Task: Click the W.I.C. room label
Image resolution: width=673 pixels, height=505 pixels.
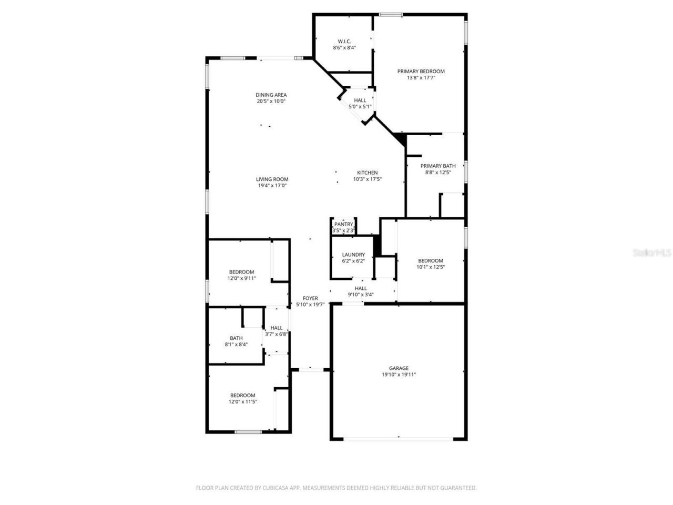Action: point(344,41)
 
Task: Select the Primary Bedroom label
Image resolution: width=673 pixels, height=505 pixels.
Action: point(421,71)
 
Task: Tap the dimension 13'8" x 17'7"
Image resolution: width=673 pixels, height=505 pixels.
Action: point(421,78)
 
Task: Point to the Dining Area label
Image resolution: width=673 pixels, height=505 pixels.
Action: point(271,95)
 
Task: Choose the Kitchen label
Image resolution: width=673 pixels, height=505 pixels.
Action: point(367,173)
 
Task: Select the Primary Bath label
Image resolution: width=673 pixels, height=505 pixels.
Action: point(438,166)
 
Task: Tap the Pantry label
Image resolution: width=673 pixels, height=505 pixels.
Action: point(343,224)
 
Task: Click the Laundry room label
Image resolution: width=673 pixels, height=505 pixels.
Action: point(353,255)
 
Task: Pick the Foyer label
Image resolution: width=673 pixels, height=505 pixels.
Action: point(310,298)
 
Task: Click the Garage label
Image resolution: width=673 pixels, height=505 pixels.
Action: point(399,368)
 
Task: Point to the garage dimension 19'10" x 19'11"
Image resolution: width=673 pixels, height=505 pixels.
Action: point(399,375)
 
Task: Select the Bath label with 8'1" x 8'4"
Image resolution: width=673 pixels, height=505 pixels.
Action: point(236,338)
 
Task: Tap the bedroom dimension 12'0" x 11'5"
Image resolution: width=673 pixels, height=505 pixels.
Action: point(242,402)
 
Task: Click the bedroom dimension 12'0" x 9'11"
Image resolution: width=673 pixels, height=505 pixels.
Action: point(241,278)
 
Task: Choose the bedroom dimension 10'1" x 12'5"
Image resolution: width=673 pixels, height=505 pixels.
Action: point(430,267)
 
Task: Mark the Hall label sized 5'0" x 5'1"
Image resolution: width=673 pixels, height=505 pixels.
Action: point(360,100)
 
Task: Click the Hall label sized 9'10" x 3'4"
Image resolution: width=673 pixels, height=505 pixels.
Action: point(361,288)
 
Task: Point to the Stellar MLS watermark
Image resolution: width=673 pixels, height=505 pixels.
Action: point(652,253)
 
